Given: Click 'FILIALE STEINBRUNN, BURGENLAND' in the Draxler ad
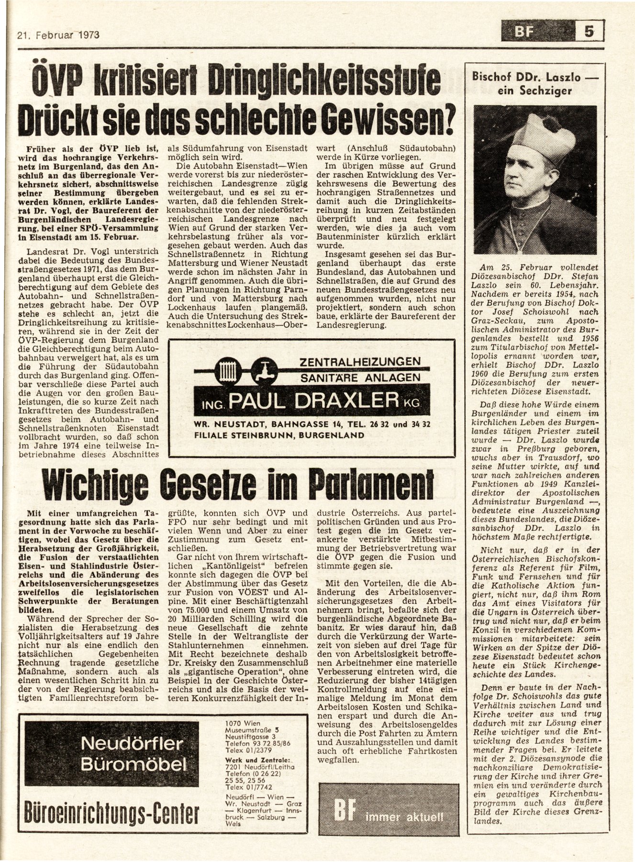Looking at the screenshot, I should tap(279, 435).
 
